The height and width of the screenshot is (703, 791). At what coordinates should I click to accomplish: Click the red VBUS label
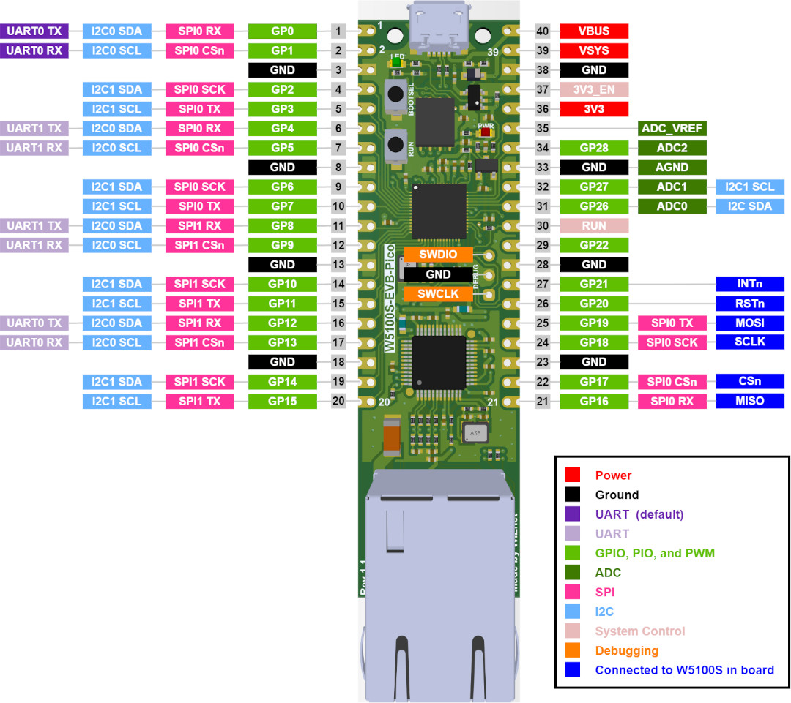click(x=594, y=31)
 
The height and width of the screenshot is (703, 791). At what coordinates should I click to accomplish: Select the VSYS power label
click(x=594, y=50)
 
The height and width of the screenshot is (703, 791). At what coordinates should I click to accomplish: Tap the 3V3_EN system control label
click(x=594, y=90)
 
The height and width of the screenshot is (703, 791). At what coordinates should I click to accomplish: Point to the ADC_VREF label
click(x=672, y=129)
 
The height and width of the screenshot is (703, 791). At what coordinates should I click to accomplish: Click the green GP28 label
click(x=594, y=148)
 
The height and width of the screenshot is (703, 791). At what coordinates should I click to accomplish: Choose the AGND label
click(x=672, y=168)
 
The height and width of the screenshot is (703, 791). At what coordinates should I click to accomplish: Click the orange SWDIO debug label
click(x=439, y=255)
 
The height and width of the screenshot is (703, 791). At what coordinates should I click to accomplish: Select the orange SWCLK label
click(x=439, y=294)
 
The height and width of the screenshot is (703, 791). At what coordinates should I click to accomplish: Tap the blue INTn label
click(x=750, y=284)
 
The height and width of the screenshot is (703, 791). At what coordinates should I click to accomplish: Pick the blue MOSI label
click(x=750, y=323)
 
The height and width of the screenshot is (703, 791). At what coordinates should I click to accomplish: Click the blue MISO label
click(x=750, y=401)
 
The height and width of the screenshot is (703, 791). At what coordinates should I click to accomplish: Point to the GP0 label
click(x=283, y=31)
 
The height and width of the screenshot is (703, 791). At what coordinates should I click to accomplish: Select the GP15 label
click(x=283, y=401)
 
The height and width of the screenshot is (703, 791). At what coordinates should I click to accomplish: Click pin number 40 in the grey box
click(x=542, y=31)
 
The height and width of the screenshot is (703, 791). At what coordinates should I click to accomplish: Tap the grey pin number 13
click(x=338, y=265)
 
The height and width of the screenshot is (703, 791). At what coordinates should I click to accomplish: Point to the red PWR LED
click(x=486, y=132)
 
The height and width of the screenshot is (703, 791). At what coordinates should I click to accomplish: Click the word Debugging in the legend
click(x=626, y=650)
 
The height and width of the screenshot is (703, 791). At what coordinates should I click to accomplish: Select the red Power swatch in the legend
click(x=573, y=475)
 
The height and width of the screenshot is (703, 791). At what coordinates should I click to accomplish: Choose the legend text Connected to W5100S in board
click(x=685, y=670)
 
